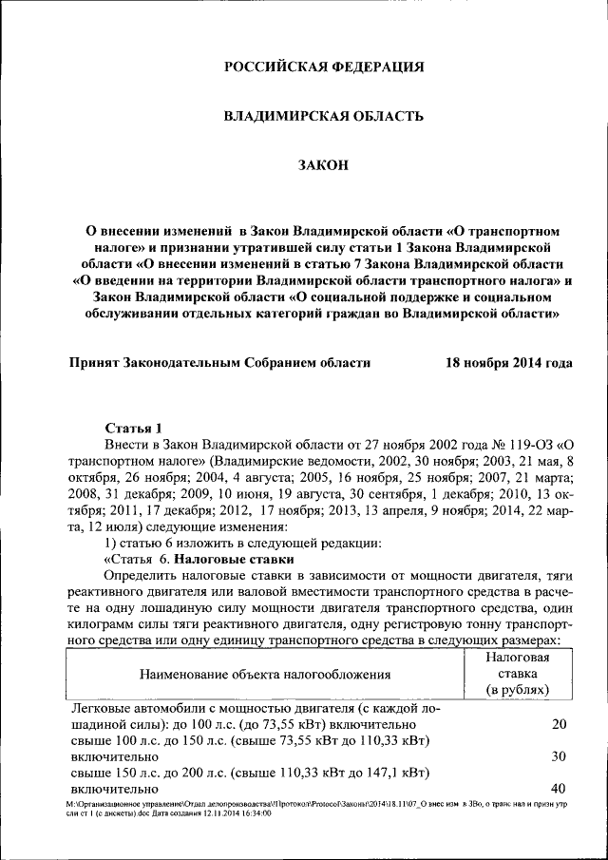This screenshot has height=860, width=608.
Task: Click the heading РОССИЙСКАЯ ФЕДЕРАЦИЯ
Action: pos(323,67)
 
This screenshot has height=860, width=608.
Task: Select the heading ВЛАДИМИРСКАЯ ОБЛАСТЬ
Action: pos(323,116)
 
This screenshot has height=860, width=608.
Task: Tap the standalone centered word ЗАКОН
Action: pos(323,165)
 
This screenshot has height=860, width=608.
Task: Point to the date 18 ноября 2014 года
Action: pos(509,362)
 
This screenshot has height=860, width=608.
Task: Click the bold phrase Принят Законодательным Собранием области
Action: pos(220,362)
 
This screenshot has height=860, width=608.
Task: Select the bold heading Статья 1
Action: pos(134,427)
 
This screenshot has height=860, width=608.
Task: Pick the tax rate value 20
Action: pos(559,724)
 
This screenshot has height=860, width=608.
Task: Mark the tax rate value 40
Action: pos(559,788)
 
